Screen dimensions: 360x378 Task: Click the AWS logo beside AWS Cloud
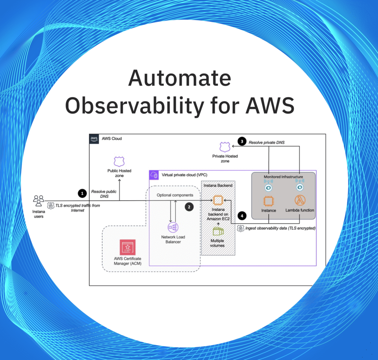(x=94, y=139)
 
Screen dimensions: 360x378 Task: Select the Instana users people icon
(x=38, y=200)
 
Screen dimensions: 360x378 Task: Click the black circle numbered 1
(x=81, y=193)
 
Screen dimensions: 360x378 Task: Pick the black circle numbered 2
(x=189, y=207)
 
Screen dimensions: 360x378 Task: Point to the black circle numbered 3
(x=242, y=141)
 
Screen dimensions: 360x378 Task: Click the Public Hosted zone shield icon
(x=119, y=161)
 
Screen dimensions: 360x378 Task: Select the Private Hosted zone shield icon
(x=225, y=147)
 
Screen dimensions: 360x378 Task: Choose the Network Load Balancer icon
(x=173, y=227)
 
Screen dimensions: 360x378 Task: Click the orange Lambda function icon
(x=300, y=201)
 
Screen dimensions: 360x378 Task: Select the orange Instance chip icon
(x=269, y=201)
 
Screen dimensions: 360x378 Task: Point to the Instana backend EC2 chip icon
(x=218, y=200)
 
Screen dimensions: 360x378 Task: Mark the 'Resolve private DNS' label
(x=267, y=142)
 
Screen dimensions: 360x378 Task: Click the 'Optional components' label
(x=175, y=195)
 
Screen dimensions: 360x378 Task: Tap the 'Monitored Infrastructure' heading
(x=283, y=177)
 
